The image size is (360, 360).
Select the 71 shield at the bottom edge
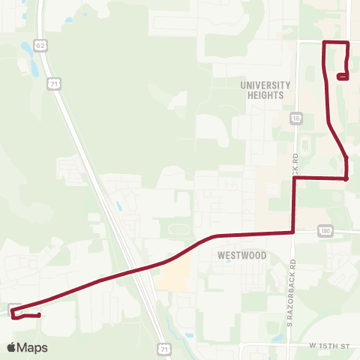163,349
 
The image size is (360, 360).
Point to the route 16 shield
297,118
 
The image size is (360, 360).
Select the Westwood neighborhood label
241,255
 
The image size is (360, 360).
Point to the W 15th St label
329,346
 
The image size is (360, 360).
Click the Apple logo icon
11,347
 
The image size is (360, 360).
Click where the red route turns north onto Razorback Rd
292,232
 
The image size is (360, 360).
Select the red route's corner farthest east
346,178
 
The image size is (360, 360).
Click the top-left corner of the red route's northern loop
323,42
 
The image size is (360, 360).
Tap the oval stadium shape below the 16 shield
305,145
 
